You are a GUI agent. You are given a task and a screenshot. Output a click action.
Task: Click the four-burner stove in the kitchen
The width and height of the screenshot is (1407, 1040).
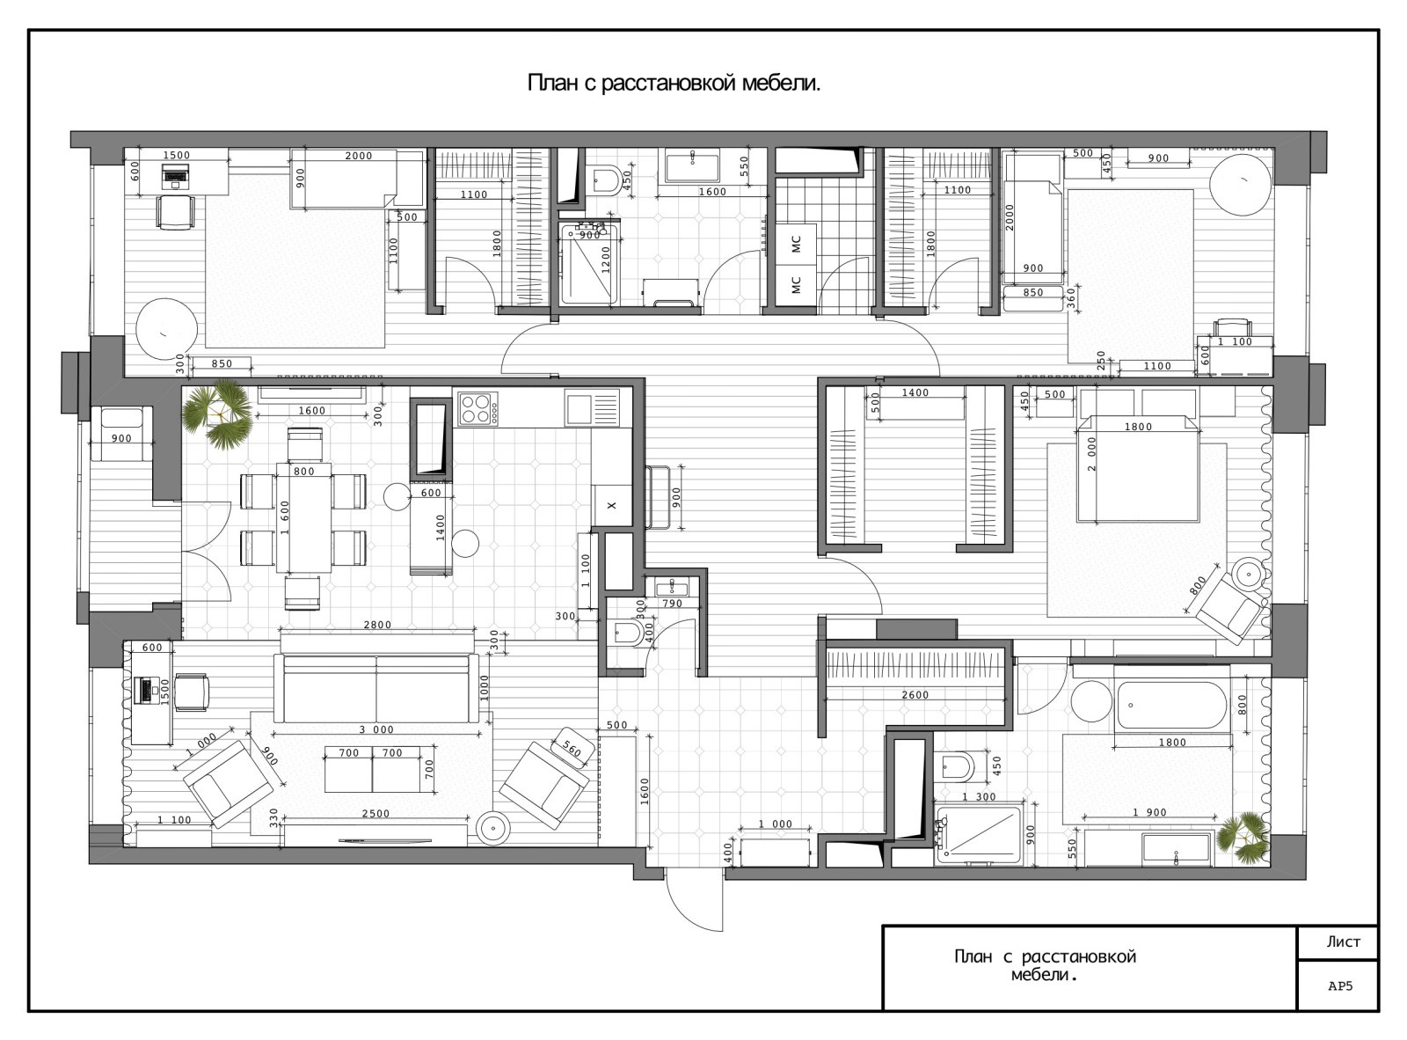coord(478,408)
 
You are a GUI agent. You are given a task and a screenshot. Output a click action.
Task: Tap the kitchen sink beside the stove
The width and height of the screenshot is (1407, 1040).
coord(591,407)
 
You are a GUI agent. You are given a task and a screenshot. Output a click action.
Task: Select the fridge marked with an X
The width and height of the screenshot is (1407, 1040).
coord(611,505)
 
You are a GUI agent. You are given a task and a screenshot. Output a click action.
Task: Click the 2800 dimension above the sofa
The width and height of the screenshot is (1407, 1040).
coord(377,625)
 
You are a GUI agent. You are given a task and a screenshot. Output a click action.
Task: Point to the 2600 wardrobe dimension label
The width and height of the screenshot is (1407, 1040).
coord(915,695)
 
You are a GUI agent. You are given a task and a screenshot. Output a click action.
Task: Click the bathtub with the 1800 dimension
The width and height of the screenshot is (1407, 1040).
coord(1171,706)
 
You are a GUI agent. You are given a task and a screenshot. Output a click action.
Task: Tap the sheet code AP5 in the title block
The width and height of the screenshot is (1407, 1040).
coord(1340,986)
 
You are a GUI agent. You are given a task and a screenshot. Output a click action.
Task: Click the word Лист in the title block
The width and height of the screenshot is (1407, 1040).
coord(1343,942)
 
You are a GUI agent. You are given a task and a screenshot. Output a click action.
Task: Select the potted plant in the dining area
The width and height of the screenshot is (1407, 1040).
coord(217,414)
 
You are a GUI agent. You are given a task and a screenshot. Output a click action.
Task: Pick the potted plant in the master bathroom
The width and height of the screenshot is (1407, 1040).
coord(1244,839)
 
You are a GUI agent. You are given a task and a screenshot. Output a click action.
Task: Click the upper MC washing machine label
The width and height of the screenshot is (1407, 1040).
coord(797,244)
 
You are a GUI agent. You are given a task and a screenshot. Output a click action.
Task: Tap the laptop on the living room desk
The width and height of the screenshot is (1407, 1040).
coord(147,690)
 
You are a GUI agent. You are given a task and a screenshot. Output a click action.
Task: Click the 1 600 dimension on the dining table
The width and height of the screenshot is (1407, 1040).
coord(285,517)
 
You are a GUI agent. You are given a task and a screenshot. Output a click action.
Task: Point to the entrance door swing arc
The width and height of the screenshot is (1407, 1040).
coord(680,912)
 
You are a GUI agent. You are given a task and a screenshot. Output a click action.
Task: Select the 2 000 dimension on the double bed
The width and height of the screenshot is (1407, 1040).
coord(1091,454)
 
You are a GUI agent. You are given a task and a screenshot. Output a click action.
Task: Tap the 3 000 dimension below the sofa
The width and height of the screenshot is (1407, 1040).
coord(376,729)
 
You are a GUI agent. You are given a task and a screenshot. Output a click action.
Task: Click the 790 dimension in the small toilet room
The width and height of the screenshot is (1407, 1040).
coord(672,604)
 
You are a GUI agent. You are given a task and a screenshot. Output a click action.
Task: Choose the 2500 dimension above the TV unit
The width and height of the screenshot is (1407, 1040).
coord(375,813)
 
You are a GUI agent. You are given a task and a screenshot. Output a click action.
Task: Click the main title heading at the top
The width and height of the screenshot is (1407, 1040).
coord(674,84)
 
